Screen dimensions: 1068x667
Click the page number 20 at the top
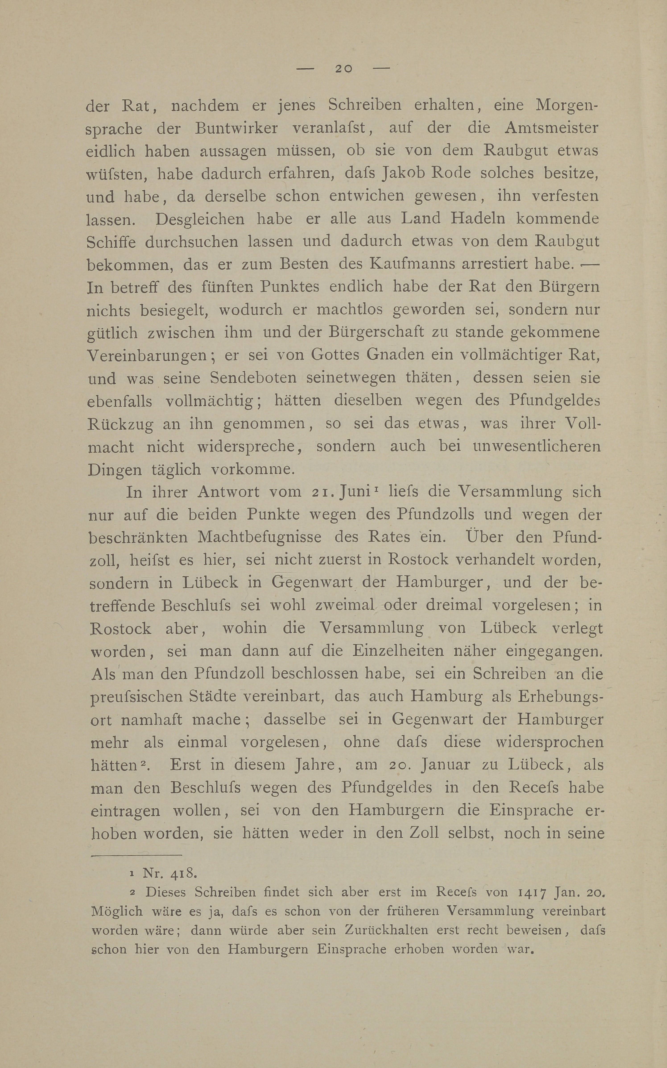click(343, 68)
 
